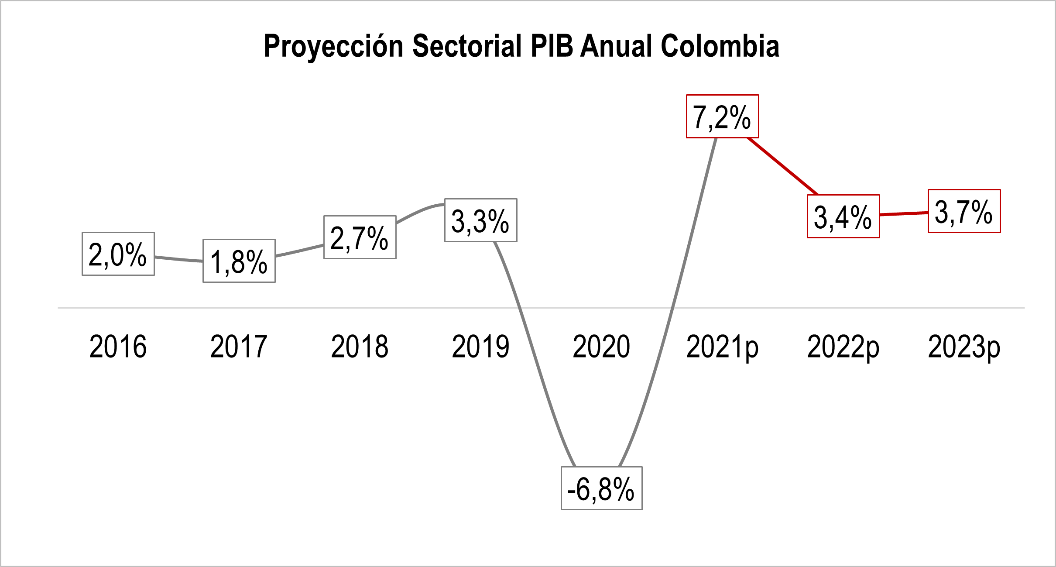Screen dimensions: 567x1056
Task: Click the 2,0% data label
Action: click(x=118, y=254)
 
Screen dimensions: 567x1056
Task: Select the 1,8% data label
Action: click(x=239, y=261)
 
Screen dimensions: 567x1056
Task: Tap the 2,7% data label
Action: click(x=360, y=237)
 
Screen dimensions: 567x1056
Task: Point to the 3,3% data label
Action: click(x=480, y=220)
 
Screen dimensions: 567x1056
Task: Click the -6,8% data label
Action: click(x=601, y=488)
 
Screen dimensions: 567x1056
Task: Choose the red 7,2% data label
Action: click(x=722, y=117)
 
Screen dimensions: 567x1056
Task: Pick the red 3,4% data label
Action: click(x=843, y=216)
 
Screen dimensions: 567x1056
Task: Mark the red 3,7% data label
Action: click(x=964, y=211)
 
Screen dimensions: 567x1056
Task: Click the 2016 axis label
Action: click(x=118, y=347)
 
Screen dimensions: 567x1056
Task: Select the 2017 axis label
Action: click(x=239, y=347)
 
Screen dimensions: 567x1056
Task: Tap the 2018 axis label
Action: click(x=360, y=347)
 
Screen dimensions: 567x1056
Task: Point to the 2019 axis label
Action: click(x=480, y=347)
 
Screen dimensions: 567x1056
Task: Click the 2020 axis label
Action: click(x=601, y=347)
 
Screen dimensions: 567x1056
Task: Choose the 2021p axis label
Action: click(x=722, y=347)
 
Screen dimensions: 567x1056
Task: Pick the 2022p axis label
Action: click(x=843, y=347)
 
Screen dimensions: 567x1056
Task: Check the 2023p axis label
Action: click(x=964, y=347)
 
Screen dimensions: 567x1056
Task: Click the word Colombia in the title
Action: click(x=720, y=46)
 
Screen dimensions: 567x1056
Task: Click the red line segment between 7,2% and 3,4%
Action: click(x=783, y=166)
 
